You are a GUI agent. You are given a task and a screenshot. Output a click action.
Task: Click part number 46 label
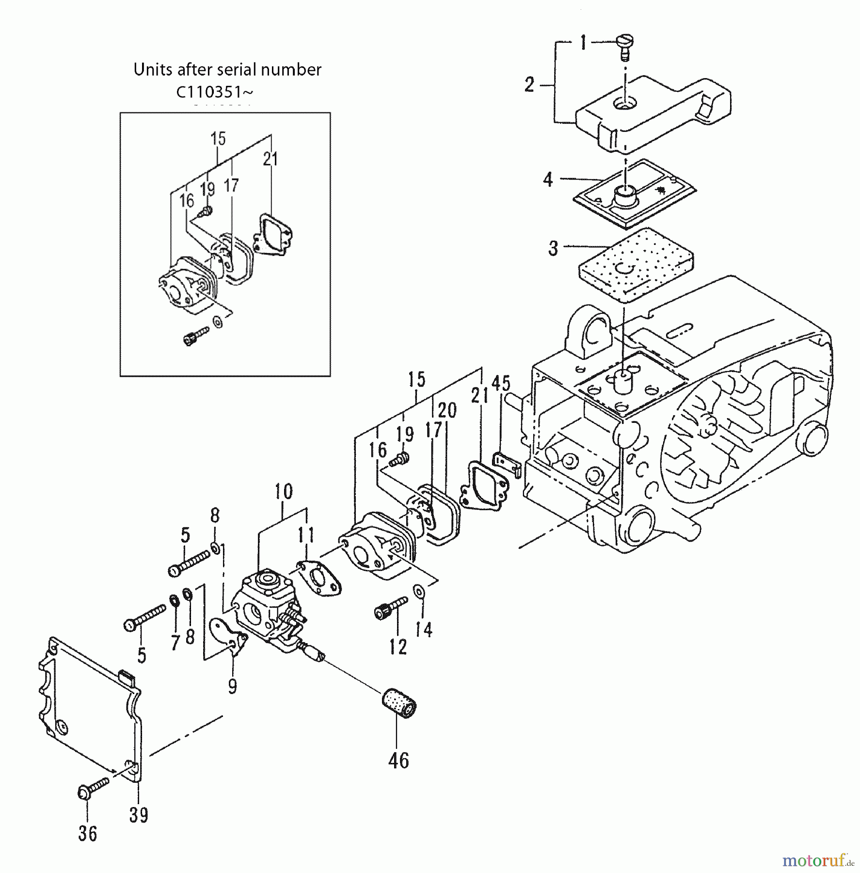(x=398, y=760)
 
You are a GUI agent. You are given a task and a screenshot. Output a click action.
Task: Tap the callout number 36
(x=88, y=834)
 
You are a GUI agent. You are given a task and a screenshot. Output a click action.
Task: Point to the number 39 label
(x=139, y=815)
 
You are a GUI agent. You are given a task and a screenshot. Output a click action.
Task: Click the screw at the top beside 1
(x=624, y=47)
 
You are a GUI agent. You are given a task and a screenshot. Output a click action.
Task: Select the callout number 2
(x=529, y=85)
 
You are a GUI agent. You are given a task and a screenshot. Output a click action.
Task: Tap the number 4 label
(x=547, y=180)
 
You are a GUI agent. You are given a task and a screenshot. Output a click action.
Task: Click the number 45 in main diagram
(x=501, y=383)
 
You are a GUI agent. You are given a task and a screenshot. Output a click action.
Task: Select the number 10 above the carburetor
(x=284, y=491)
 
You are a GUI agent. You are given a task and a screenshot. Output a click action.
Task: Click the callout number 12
(x=398, y=647)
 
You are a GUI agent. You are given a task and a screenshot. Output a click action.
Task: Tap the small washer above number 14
(x=418, y=591)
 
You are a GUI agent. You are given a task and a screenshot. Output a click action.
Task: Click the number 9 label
(x=232, y=686)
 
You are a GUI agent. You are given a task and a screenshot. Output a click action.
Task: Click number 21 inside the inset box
(x=271, y=159)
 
